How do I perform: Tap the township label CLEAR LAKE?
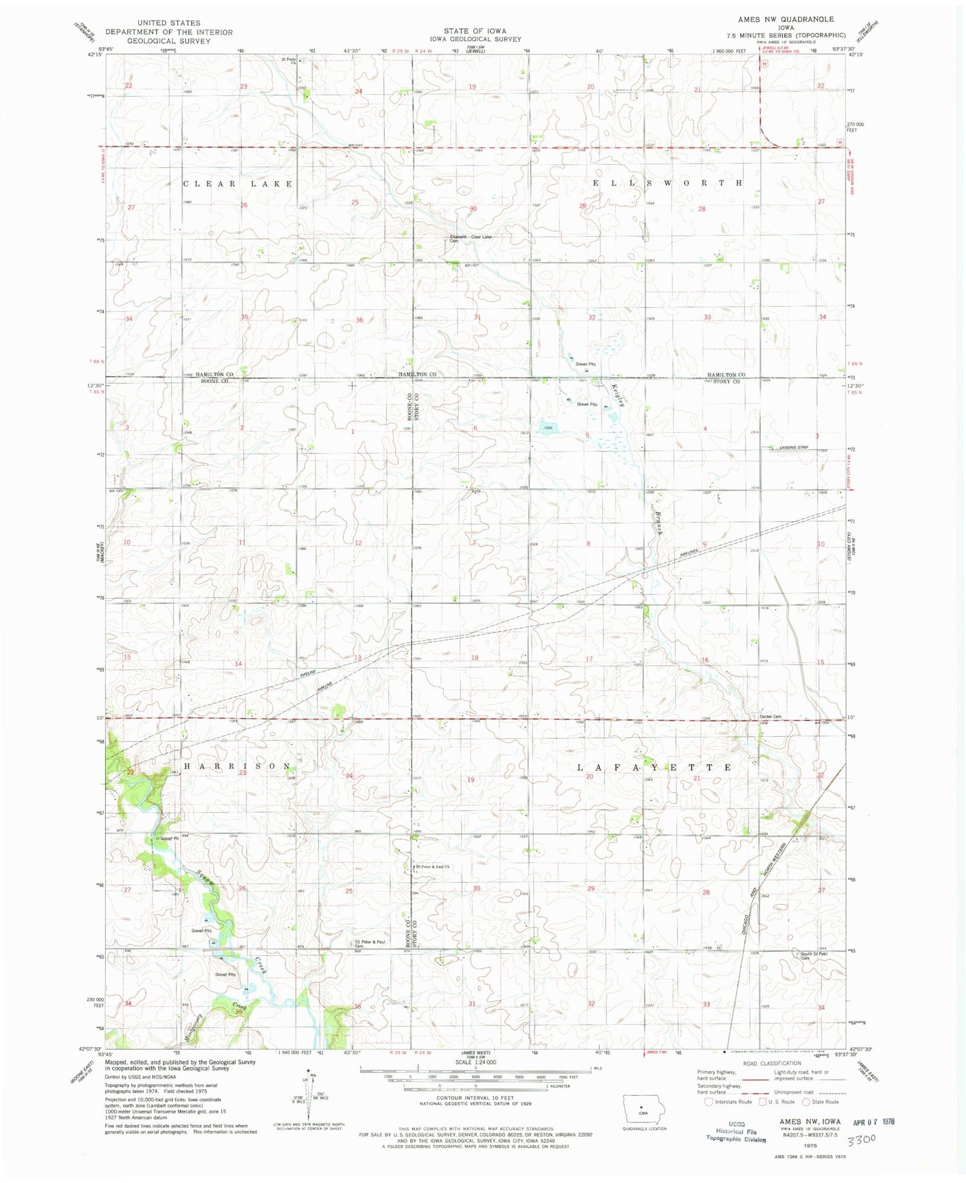click(238, 184)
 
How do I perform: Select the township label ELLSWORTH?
click(667, 184)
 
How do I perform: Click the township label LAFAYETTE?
click(654, 768)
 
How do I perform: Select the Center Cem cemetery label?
click(770, 717)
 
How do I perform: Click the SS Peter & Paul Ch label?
click(431, 867)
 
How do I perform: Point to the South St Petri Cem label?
click(813, 956)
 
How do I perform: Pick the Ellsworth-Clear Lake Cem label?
click(471, 238)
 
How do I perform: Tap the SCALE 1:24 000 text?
click(475, 1062)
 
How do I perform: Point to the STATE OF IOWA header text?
click(475, 30)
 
